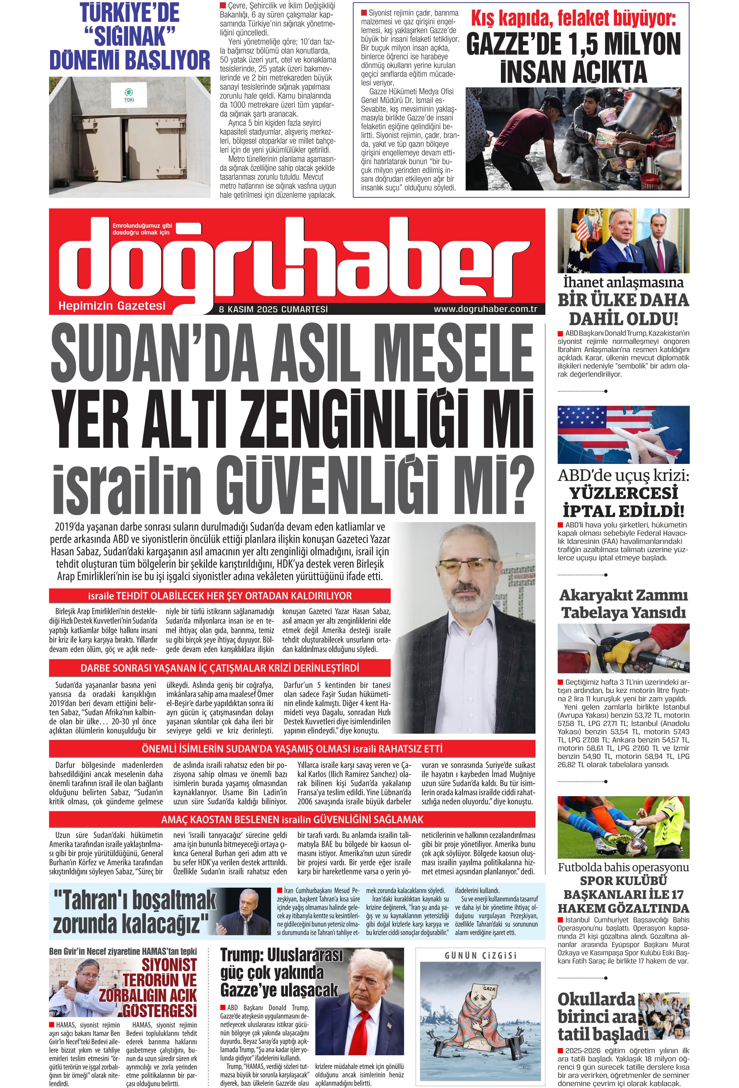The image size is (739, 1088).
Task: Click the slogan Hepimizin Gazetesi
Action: [112, 306]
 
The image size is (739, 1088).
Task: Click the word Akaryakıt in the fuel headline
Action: [594, 595]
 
